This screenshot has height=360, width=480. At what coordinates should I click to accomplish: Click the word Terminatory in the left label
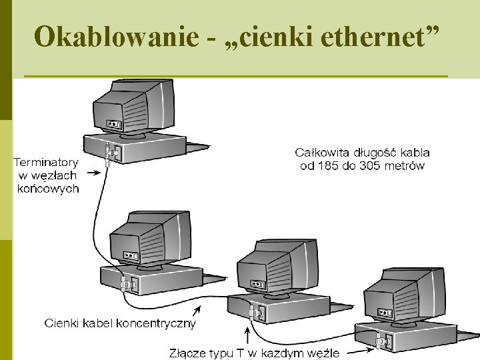(46, 162)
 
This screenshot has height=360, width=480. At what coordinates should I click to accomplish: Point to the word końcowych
(48, 189)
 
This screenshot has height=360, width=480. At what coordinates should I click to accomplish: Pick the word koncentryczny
(156, 323)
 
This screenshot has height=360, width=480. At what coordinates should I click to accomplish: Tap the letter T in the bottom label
(240, 353)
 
